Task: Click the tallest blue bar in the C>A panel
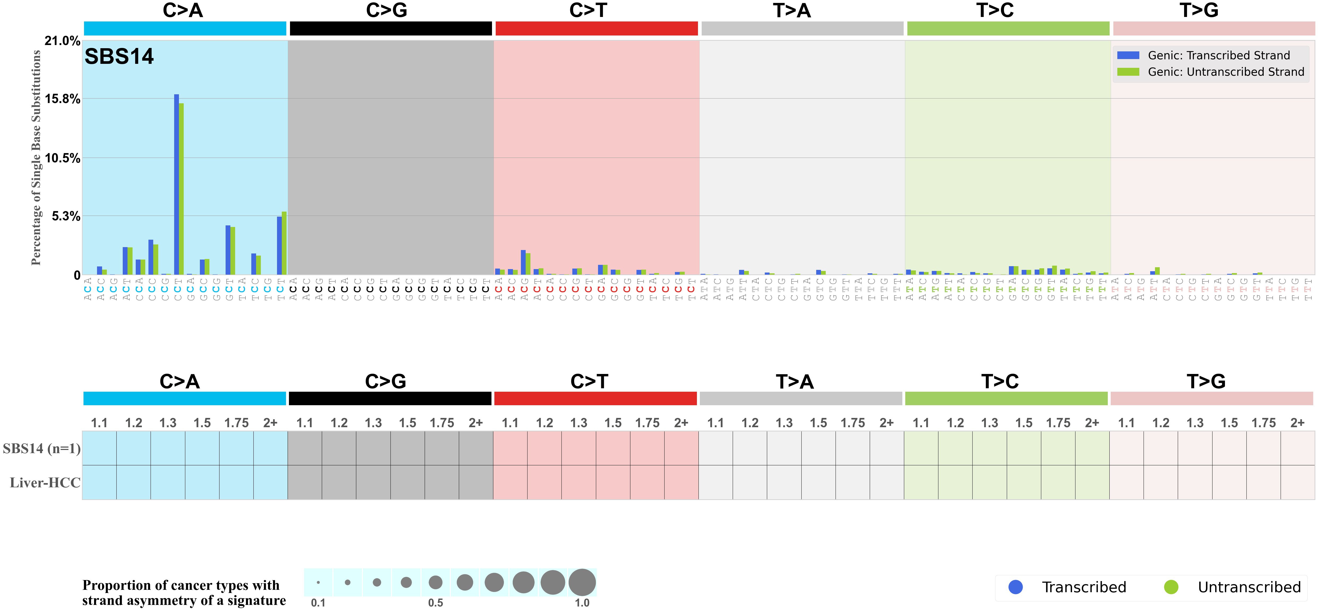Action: [x=177, y=184]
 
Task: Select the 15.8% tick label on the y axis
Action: [x=62, y=99]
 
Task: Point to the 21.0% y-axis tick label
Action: [x=62, y=41]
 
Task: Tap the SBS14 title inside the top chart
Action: [x=119, y=56]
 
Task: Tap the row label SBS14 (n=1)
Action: [x=41, y=448]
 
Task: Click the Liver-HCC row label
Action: [x=45, y=482]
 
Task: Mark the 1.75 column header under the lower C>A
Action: [x=236, y=423]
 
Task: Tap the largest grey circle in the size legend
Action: [x=582, y=582]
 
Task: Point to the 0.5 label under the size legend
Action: [x=436, y=603]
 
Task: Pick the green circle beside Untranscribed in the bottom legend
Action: [x=1171, y=587]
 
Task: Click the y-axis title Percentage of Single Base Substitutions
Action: [x=36, y=158]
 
